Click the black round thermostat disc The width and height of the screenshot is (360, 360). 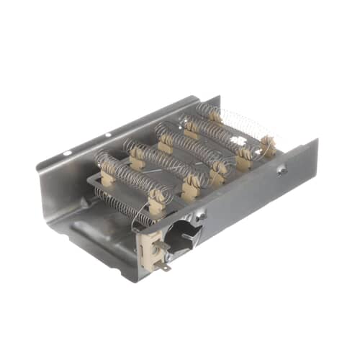click(x=179, y=234)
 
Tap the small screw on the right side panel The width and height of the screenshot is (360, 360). click(x=283, y=171)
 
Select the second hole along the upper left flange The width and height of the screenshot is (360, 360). click(x=107, y=134)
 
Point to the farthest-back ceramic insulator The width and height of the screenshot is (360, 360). click(x=214, y=114)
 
